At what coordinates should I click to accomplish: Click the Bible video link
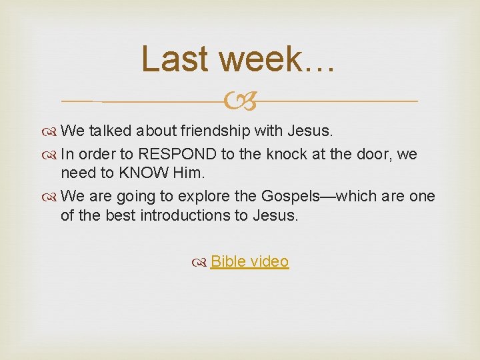click(x=249, y=261)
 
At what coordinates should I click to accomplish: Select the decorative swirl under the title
click(x=240, y=101)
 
